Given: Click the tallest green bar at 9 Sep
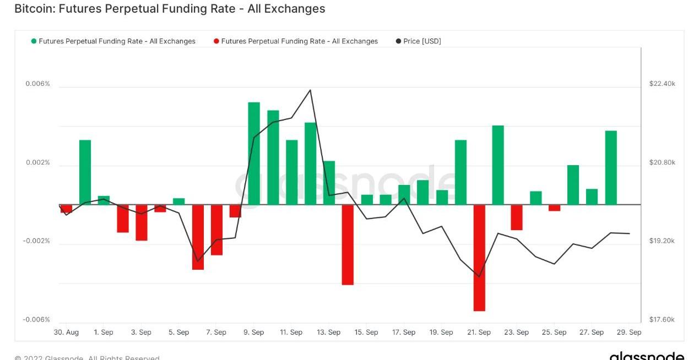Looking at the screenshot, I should click(254, 153).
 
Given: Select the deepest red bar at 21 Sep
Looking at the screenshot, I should click(479, 258).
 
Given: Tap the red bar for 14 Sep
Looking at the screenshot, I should click(348, 244).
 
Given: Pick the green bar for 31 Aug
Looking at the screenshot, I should click(85, 172).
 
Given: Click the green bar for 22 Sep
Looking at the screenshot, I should click(498, 165).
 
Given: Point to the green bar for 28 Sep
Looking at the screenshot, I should click(611, 167).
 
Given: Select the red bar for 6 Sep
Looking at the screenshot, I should click(198, 237).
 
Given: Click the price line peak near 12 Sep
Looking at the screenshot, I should click(311, 90).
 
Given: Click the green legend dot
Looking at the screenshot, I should click(34, 41).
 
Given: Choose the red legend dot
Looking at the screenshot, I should click(216, 41).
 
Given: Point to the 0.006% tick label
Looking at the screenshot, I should click(37, 84).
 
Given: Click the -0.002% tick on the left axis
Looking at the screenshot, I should click(36, 241).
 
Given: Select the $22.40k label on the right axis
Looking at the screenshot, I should click(662, 84).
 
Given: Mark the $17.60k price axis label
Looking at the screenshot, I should click(662, 320).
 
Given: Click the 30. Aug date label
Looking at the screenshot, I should click(66, 332).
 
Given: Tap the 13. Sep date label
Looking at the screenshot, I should click(329, 332).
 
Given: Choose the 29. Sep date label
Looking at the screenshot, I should click(628, 332).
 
